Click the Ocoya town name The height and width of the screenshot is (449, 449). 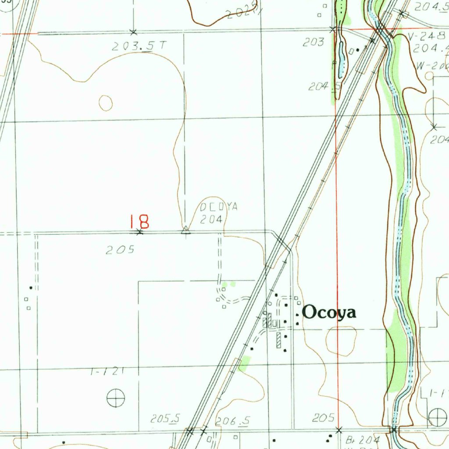(x=329, y=312)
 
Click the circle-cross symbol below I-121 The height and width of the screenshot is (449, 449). (x=116, y=398)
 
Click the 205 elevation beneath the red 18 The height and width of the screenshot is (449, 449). (x=120, y=250)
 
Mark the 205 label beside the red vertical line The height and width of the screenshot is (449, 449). (x=324, y=418)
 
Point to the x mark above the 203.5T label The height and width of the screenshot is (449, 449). (x=134, y=32)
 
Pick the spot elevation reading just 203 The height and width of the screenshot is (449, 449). (x=314, y=42)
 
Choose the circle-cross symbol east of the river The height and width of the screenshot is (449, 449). (x=437, y=417)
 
